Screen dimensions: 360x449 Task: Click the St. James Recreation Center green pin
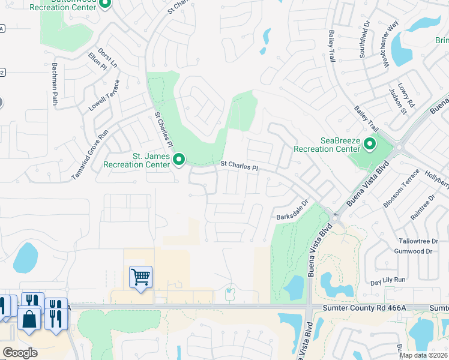(x=179, y=159)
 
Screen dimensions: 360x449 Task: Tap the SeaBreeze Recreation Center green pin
(x=370, y=144)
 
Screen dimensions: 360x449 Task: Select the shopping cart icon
(x=140, y=277)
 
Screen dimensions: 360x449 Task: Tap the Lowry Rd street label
(x=410, y=95)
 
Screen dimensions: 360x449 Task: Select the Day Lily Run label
(x=388, y=280)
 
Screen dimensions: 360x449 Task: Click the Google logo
(x=20, y=353)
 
